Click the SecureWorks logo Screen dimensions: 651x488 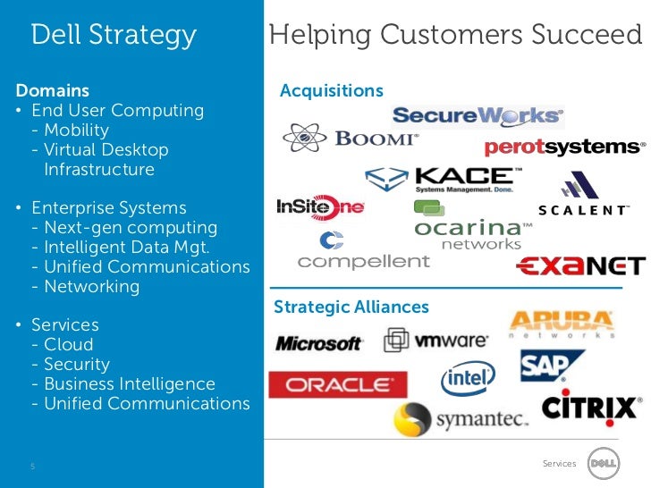478,116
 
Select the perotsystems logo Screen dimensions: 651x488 563,147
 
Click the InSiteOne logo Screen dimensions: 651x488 320,207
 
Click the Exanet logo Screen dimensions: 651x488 581,265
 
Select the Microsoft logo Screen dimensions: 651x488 318,343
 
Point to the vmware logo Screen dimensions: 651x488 436,341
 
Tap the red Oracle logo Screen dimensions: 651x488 338,385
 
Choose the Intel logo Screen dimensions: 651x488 468,380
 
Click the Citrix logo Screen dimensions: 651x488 590,408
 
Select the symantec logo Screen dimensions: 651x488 461,419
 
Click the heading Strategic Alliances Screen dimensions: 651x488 351,307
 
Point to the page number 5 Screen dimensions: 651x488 33,466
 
